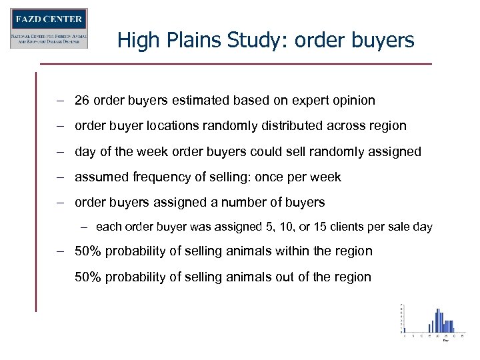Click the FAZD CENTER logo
point(49,28)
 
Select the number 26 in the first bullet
point(82,101)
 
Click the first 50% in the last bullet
point(87,251)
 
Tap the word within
point(293,251)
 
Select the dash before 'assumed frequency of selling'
point(60,177)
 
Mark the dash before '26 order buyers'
point(60,101)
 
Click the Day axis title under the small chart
point(445,340)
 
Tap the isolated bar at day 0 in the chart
point(403,330)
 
